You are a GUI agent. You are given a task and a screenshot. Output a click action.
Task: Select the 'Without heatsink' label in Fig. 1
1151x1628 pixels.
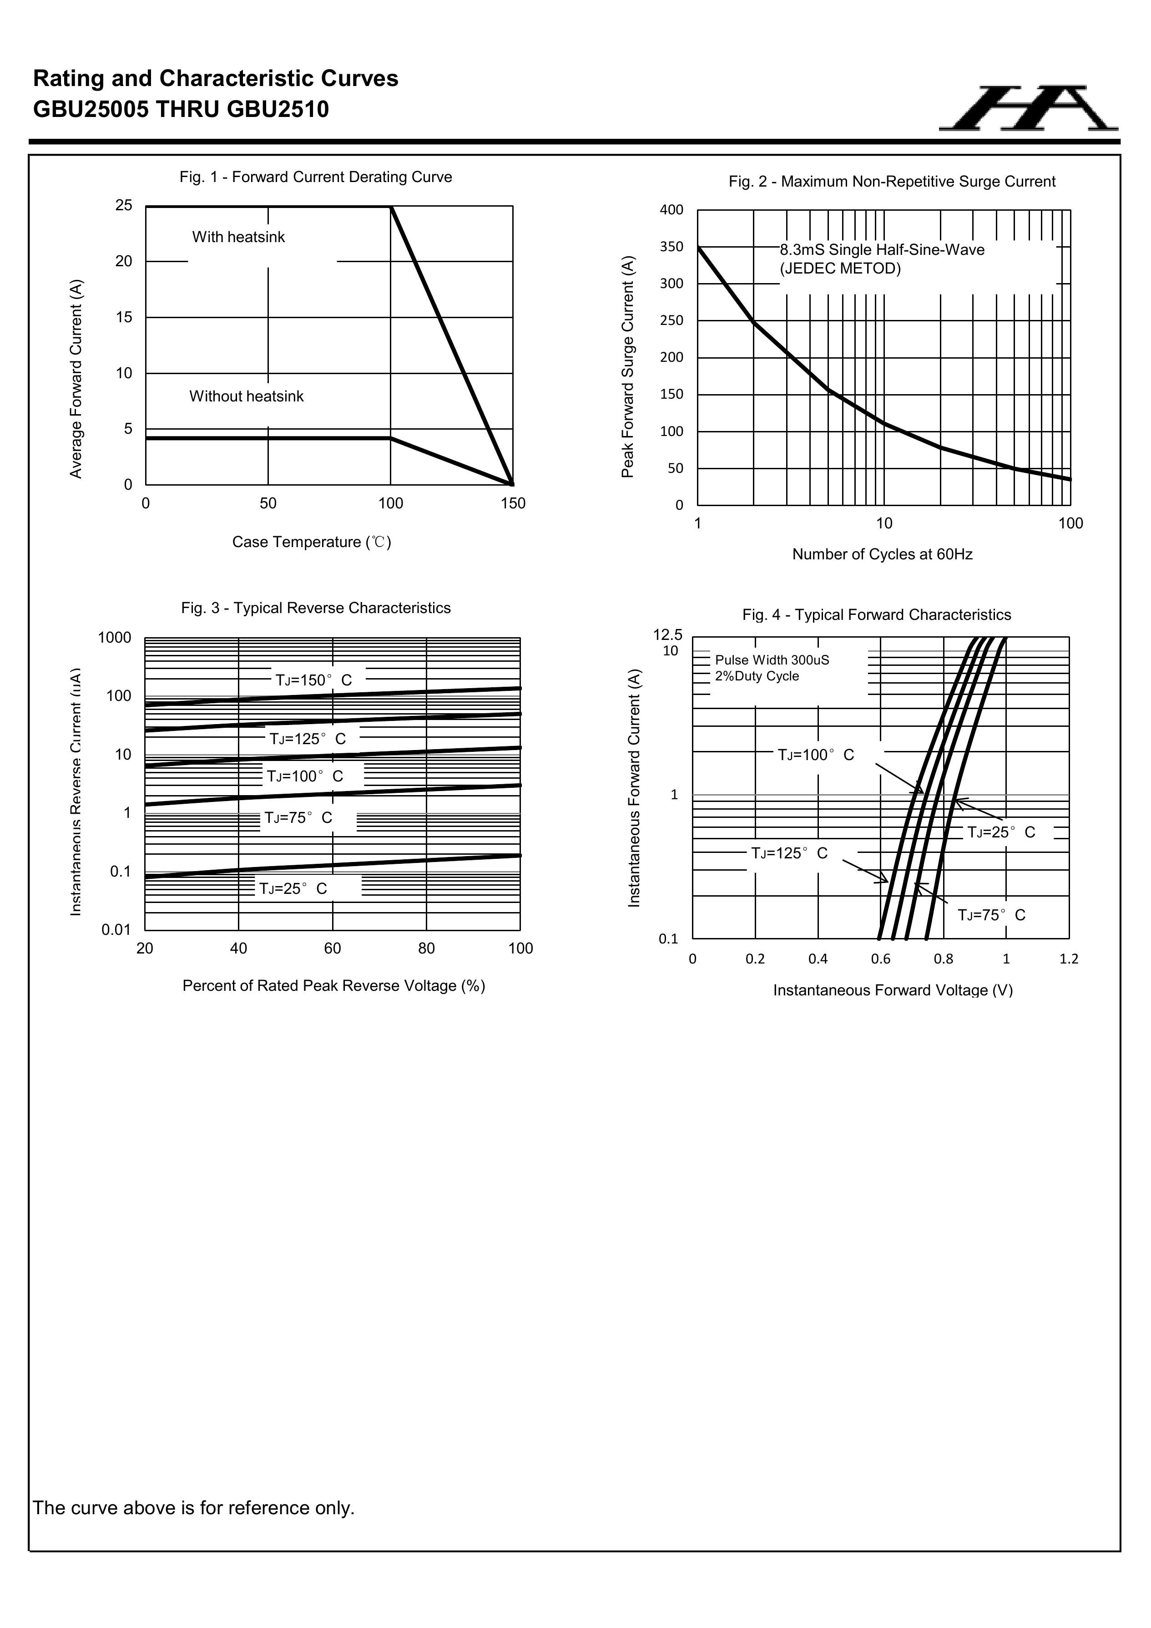tap(246, 396)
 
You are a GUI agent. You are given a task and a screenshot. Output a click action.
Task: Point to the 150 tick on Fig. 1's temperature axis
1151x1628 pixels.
tap(513, 503)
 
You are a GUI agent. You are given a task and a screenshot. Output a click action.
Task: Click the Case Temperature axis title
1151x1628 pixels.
tap(312, 543)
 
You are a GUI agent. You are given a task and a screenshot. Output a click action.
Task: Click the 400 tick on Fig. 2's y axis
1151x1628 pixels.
tap(671, 210)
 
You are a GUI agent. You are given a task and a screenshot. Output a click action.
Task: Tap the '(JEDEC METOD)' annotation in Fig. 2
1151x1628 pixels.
tap(840, 269)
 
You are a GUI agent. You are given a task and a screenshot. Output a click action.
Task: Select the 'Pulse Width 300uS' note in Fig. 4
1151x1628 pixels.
tap(772, 660)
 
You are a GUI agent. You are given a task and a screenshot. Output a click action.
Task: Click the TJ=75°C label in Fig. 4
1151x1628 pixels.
tap(991, 915)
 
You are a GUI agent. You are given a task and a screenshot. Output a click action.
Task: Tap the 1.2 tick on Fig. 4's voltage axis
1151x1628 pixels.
tap(1069, 959)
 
